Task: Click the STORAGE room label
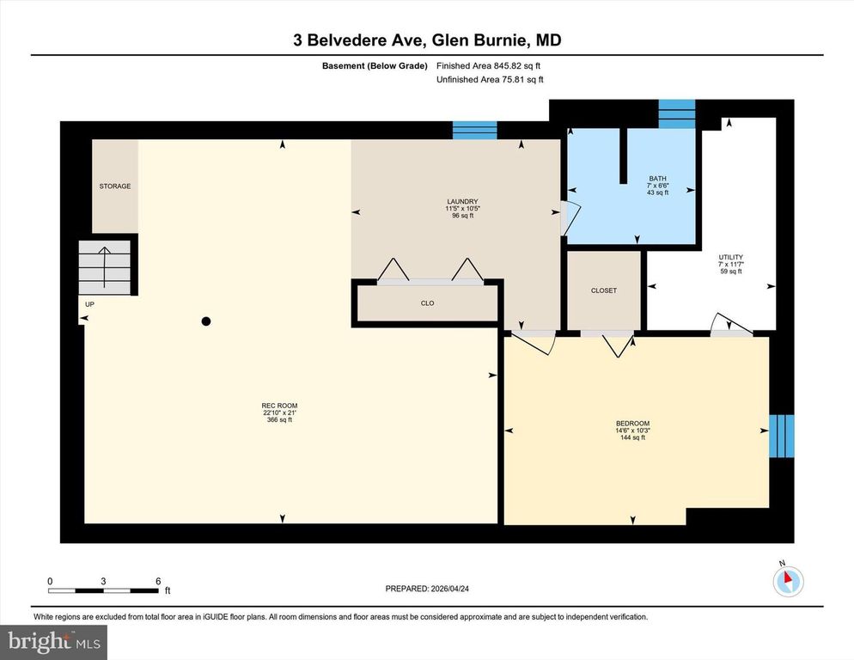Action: click(x=114, y=186)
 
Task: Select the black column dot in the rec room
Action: click(x=205, y=321)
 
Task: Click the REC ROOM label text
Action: click(x=279, y=406)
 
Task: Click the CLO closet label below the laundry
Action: click(x=427, y=303)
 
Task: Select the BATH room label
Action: click(x=657, y=180)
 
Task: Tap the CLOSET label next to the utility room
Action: click(x=604, y=290)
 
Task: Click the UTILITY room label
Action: click(x=730, y=258)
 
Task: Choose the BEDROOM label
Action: click(x=632, y=423)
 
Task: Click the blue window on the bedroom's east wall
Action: click(x=781, y=436)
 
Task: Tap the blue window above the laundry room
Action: click(x=474, y=131)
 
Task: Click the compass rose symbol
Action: click(x=786, y=581)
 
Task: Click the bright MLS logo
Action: click(x=54, y=641)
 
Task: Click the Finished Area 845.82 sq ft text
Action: click(x=488, y=65)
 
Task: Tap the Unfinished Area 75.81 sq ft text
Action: click(x=490, y=80)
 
